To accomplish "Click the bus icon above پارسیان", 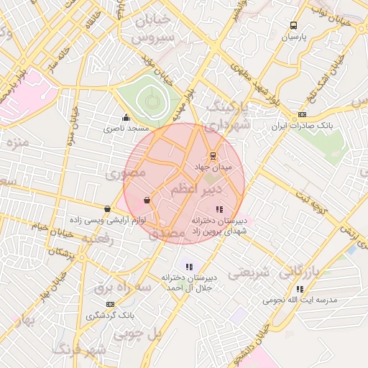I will [x=293, y=25].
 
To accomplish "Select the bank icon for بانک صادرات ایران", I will [x=302, y=114].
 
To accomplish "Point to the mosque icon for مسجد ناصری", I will [x=126, y=118].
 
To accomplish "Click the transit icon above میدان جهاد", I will [x=212, y=155].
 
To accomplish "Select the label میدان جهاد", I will [x=213, y=166].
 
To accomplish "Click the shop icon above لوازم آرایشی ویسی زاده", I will [x=108, y=209].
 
